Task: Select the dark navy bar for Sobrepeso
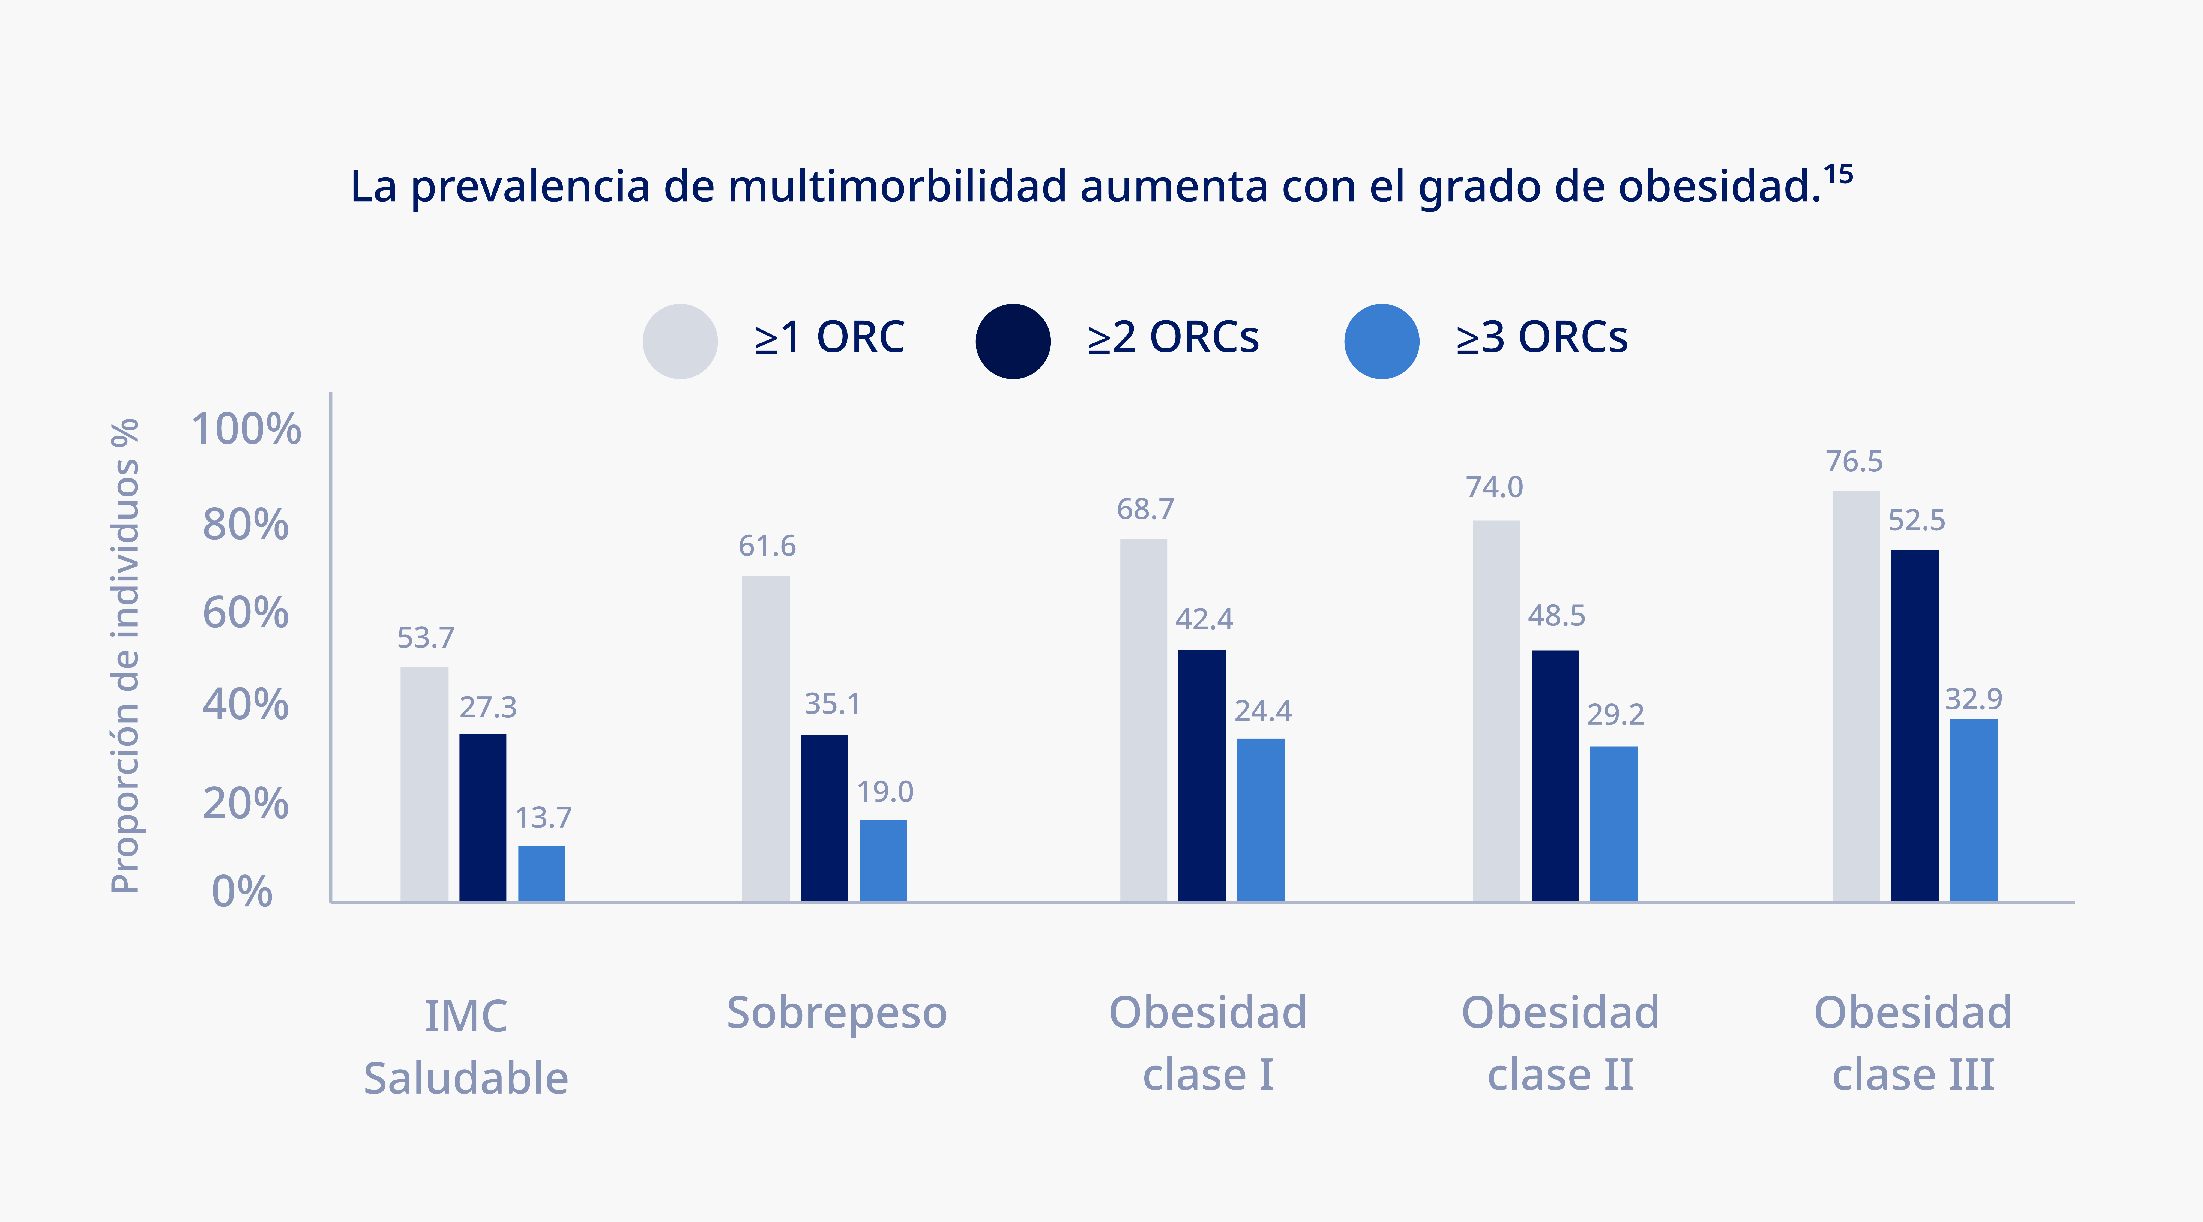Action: tap(824, 817)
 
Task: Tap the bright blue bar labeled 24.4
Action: tap(1261, 819)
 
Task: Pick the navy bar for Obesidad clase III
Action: tap(1915, 725)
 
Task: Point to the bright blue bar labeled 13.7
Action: tap(541, 873)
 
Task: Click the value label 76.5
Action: tap(1854, 462)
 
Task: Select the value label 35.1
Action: tap(832, 704)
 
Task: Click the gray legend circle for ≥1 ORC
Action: tap(680, 341)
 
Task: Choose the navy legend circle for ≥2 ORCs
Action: tap(1013, 341)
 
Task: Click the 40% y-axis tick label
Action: tap(246, 705)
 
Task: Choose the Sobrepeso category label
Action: tap(836, 1013)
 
